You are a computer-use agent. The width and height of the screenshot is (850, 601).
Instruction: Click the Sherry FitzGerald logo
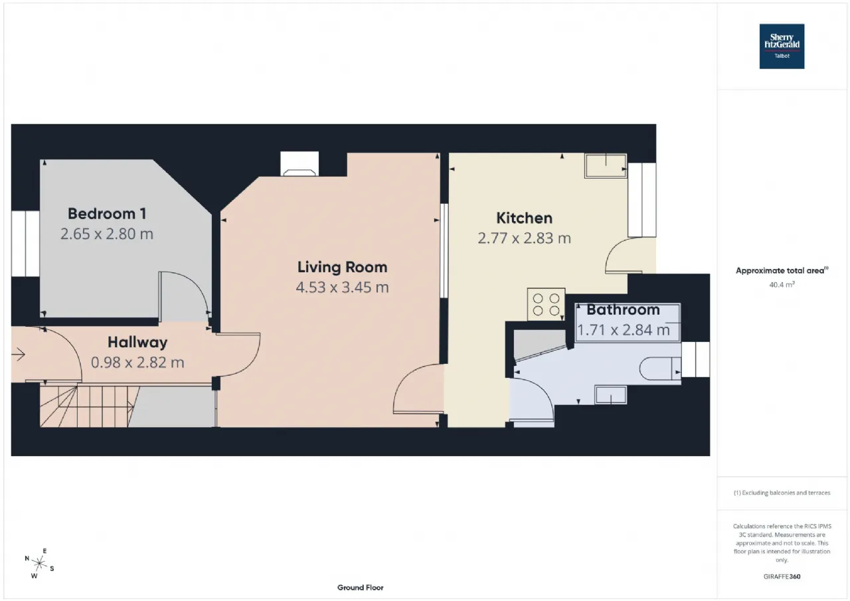782,46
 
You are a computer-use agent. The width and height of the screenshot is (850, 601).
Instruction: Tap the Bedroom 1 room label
107,214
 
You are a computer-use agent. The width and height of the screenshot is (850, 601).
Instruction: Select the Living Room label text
342,267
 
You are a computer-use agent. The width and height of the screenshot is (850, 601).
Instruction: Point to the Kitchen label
524,218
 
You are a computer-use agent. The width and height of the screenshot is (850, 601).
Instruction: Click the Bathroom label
623,309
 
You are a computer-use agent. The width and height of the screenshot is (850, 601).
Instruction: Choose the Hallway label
137,343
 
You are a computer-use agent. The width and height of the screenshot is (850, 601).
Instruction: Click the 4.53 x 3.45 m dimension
342,288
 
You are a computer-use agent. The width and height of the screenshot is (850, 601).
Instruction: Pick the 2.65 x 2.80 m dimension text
107,234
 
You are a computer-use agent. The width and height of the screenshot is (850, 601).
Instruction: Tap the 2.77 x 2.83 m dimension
524,238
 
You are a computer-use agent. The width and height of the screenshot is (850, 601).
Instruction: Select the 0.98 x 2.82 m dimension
137,363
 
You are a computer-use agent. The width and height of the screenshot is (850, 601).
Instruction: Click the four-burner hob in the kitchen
546,304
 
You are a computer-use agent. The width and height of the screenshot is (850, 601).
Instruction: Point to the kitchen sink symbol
605,165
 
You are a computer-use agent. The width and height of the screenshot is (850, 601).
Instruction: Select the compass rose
39,564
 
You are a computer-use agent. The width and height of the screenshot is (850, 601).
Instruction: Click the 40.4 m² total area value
782,285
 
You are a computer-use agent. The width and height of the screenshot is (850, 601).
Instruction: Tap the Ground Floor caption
361,587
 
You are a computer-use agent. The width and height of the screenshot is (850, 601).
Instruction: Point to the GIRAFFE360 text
782,576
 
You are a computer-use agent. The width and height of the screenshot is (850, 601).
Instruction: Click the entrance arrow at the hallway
18,355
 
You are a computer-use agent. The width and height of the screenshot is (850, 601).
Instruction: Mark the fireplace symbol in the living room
299,165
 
